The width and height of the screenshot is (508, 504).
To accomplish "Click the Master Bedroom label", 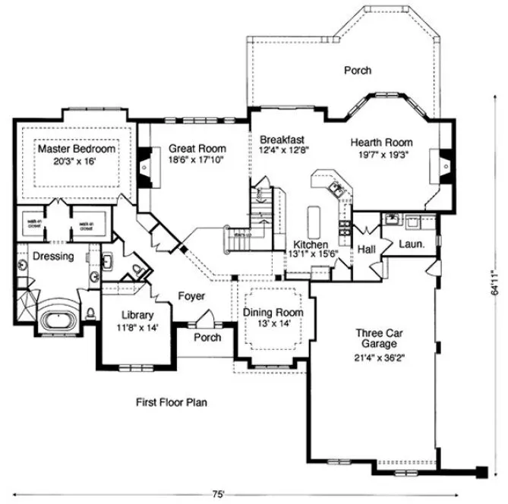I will click(77, 150).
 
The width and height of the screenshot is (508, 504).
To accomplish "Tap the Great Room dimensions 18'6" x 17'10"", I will click(197, 160).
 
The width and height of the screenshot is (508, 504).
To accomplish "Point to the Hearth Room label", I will click(381, 142).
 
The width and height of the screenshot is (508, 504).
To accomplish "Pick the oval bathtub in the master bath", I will click(56, 317).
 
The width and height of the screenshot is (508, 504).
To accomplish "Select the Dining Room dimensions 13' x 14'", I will click(273, 324).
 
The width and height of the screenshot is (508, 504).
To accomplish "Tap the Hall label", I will click(368, 248).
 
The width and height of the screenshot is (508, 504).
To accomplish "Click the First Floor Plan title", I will click(172, 402).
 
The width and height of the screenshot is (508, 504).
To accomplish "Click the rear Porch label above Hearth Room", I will click(358, 70).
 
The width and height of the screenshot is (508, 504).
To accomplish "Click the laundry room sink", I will click(392, 220).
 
